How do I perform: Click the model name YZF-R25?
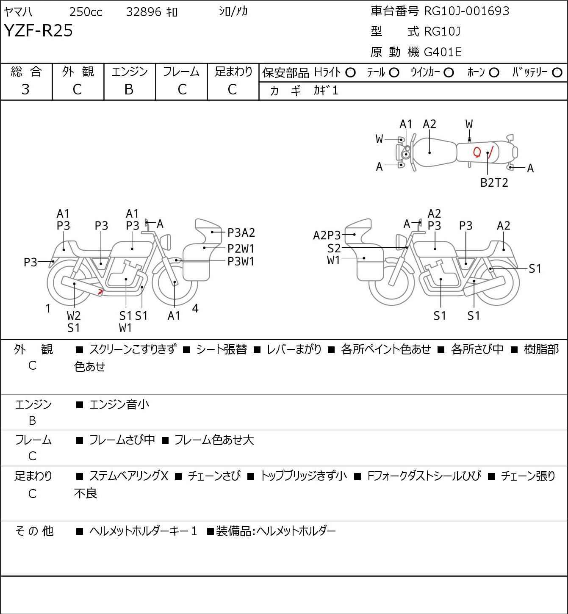39,31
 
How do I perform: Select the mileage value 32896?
144,12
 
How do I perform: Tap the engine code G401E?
443,52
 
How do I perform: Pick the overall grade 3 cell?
26,89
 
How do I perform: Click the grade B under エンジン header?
129,89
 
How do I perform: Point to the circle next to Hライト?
350,72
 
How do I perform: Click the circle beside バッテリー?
557,72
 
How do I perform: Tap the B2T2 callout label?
494,183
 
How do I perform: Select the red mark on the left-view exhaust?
100,291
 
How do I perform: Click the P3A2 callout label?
241,232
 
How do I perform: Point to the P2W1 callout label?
241,248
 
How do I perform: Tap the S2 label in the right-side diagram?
334,248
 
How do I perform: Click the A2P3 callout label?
327,235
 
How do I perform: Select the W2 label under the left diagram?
74,315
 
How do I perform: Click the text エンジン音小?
119,404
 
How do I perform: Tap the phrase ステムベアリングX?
128,476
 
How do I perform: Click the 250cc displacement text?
86,12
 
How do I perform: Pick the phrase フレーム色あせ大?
214,440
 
